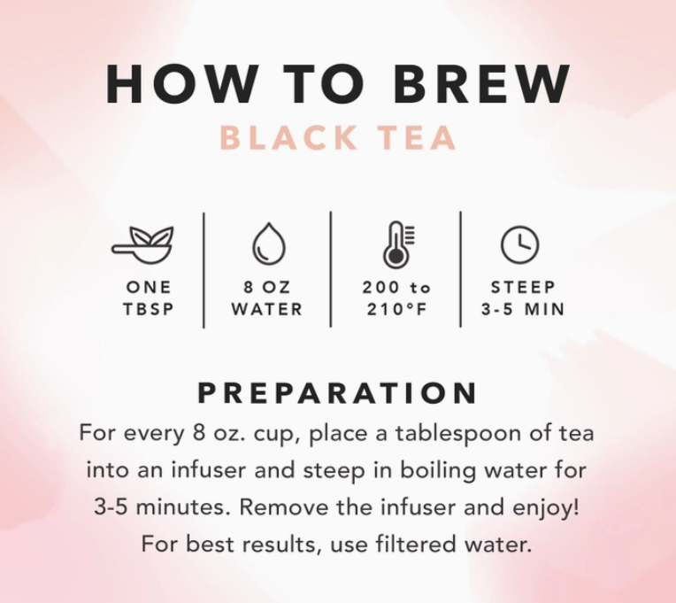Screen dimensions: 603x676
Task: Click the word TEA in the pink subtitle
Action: pyautogui.click(x=414, y=139)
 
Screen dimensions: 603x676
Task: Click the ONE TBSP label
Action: pyautogui.click(x=149, y=298)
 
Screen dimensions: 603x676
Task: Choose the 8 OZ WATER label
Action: pyautogui.click(x=266, y=298)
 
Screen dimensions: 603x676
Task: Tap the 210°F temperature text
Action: pyautogui.click(x=396, y=310)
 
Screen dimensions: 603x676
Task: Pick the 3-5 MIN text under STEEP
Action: pyautogui.click(x=522, y=310)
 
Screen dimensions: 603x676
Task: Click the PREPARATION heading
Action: pyautogui.click(x=337, y=393)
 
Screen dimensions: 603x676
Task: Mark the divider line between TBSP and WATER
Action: pyautogui.click(x=204, y=270)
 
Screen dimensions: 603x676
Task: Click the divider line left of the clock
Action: pyautogui.click(x=460, y=270)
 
